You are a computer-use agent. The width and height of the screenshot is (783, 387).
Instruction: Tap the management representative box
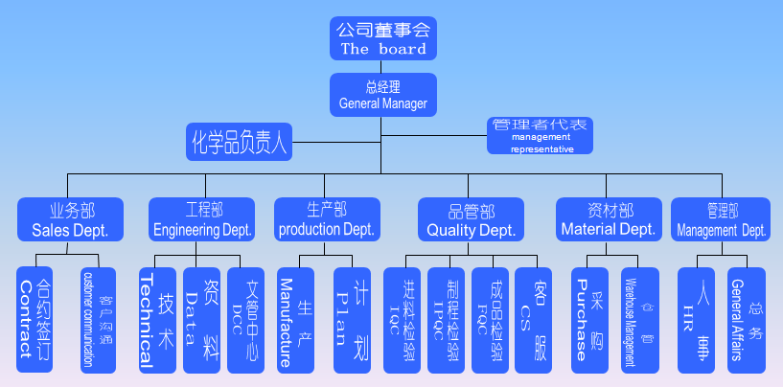tap(541, 136)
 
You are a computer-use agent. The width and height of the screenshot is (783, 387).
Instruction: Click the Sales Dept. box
tap(71, 219)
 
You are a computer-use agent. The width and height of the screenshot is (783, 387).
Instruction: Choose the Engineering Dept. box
tap(202, 219)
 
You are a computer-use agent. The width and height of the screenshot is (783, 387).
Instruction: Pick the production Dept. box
tap(326, 219)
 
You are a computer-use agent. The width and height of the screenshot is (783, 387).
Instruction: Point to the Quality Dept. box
tap(471, 219)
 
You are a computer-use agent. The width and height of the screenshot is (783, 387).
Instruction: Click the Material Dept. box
tap(609, 219)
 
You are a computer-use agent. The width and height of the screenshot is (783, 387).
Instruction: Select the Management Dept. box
tap(720, 219)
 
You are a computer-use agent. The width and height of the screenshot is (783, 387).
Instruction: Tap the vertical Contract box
tap(35, 320)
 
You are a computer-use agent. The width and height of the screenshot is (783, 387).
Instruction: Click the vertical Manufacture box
tap(294, 320)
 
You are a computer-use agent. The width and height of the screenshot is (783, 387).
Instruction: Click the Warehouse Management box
tap(638, 320)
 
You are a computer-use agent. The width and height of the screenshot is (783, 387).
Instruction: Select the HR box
tap(695, 320)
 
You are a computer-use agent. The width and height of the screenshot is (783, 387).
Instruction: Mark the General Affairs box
tap(747, 320)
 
